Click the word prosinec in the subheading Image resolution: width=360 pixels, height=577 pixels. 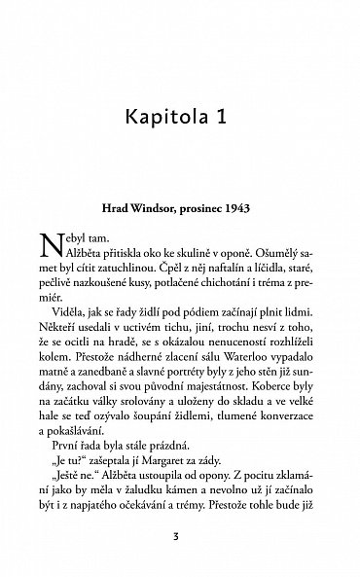tap(215, 208)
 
